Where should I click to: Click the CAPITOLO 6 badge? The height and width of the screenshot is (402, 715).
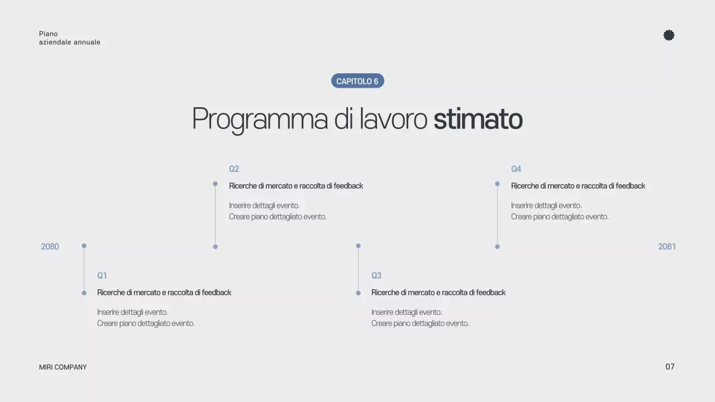pyautogui.click(x=357, y=82)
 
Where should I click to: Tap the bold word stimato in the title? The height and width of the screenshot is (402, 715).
pyautogui.click(x=478, y=119)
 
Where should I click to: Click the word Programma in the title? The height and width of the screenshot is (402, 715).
pyautogui.click(x=259, y=119)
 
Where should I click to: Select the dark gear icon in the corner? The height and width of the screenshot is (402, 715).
pyautogui.click(x=669, y=35)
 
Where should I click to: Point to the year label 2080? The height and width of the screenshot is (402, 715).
pyautogui.click(x=50, y=247)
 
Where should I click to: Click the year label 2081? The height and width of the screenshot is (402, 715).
pyautogui.click(x=667, y=247)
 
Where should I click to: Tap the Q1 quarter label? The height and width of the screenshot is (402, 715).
pyautogui.click(x=102, y=276)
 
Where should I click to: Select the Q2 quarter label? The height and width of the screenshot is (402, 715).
pyautogui.click(x=234, y=169)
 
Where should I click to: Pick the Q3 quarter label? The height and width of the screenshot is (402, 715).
pyautogui.click(x=376, y=276)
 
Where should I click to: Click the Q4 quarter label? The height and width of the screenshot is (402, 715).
pyautogui.click(x=516, y=169)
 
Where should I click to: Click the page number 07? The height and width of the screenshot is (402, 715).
pyautogui.click(x=670, y=367)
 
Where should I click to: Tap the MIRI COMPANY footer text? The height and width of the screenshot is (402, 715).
pyautogui.click(x=63, y=367)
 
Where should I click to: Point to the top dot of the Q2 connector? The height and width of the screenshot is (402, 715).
pyautogui.click(x=215, y=184)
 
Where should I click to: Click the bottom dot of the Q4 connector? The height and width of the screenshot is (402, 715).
pyautogui.click(x=497, y=247)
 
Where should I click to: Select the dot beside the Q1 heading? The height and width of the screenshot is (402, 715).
pyautogui.click(x=84, y=293)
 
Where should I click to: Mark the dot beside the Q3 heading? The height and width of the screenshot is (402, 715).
pyautogui.click(x=358, y=293)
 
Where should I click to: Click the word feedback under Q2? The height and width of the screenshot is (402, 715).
pyautogui.click(x=349, y=186)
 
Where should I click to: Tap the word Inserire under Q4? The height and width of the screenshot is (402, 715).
pyautogui.click(x=522, y=205)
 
